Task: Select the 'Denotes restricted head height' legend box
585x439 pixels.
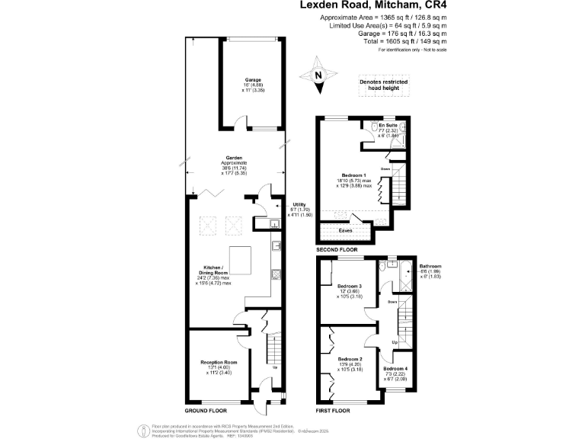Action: click(384, 86)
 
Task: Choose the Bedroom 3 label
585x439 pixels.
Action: click(349, 287)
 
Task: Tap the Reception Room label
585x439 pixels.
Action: click(219, 362)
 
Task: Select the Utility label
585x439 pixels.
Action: click(299, 204)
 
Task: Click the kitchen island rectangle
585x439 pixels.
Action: click(241, 261)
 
